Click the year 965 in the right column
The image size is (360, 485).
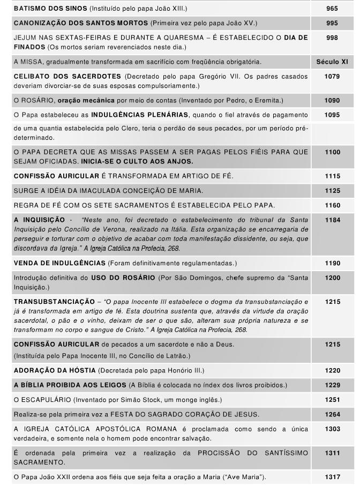(x=332, y=9)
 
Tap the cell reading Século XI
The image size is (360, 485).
(x=332, y=62)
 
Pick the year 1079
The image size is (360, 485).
(x=332, y=77)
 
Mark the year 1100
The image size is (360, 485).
(x=332, y=152)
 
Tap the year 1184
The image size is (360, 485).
(x=332, y=219)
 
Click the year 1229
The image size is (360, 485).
(x=332, y=385)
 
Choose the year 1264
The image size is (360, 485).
(x=332, y=414)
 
